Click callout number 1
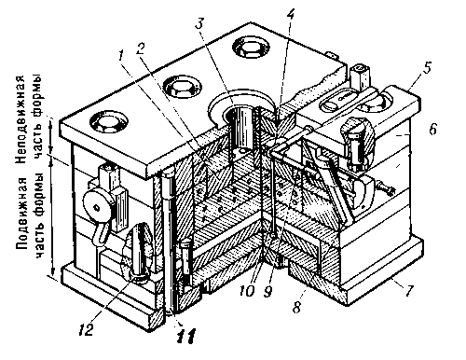point(121,57)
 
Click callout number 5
point(428,67)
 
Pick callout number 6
point(433,129)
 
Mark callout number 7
point(409,291)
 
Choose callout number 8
point(296,307)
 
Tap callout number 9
point(267,291)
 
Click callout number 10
point(247,291)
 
